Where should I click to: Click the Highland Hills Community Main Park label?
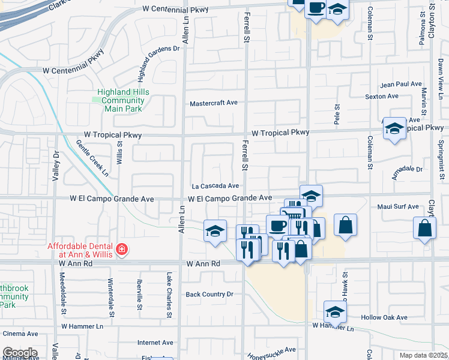point(123,100)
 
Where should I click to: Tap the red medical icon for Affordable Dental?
point(121,249)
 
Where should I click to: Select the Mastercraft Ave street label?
point(214,103)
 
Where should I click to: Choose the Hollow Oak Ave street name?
point(384,317)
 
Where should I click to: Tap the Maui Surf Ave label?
point(399,207)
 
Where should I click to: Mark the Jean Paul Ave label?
point(401,85)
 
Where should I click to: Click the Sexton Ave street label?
point(382,96)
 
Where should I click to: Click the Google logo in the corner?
point(20,352)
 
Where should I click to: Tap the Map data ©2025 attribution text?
point(423,355)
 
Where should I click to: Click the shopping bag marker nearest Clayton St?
point(424,228)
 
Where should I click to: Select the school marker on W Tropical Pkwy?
point(394,128)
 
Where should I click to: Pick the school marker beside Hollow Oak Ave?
point(335,311)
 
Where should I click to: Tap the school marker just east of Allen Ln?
point(215,231)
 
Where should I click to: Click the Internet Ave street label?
point(155,343)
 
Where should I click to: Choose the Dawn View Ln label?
point(440,79)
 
